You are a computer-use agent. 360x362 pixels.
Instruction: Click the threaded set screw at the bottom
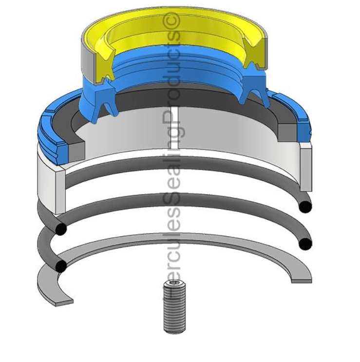pos(174,310)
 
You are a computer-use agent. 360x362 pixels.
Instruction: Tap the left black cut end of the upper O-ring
pos(60,229)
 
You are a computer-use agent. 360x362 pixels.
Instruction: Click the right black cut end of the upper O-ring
pos(305,206)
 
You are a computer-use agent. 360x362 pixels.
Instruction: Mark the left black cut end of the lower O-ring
pos(61,266)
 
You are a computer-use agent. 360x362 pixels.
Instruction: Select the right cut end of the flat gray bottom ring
pos(302,281)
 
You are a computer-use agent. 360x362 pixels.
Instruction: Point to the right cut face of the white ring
pos(306,168)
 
